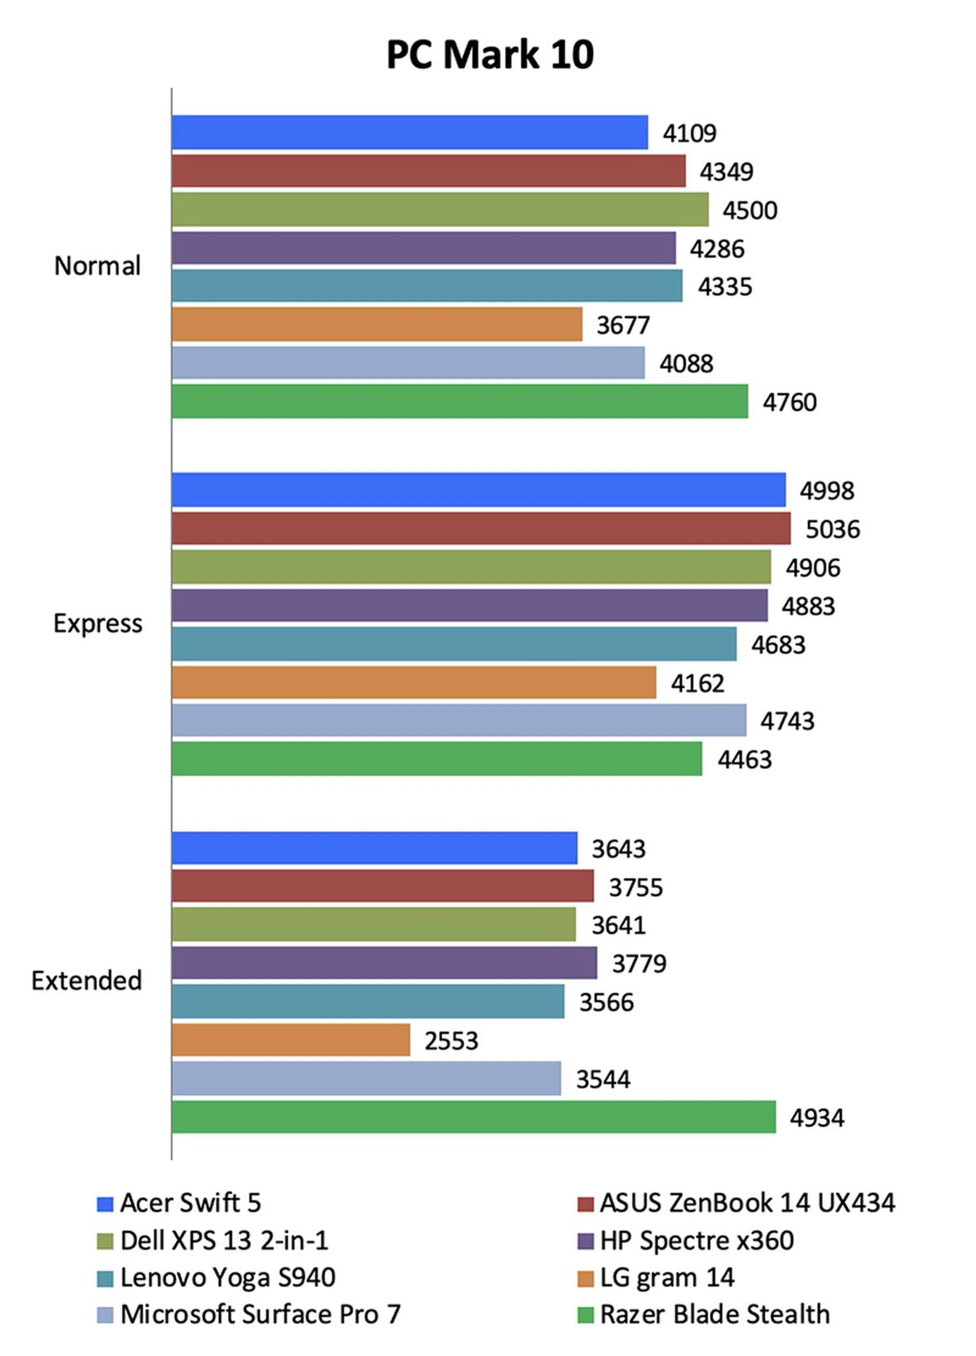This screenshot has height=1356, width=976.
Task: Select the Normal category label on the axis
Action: click(98, 266)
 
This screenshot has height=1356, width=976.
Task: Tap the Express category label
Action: click(98, 623)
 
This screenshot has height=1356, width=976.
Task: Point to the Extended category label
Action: click(87, 981)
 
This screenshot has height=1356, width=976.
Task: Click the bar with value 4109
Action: click(410, 132)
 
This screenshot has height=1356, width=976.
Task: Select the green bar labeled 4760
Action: click(460, 401)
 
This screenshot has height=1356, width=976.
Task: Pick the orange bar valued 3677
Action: click(377, 325)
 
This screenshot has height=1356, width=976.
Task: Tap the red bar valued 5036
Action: click(481, 528)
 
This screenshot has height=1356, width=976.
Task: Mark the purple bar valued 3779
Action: click(384, 963)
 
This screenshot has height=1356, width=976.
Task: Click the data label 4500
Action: click(750, 210)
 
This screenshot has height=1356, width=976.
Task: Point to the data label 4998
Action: click(827, 491)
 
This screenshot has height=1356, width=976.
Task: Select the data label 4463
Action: click(745, 760)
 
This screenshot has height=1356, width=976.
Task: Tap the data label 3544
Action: click(603, 1079)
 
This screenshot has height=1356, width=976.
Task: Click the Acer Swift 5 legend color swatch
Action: click(105, 1204)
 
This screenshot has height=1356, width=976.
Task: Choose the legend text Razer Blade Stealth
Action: click(715, 1314)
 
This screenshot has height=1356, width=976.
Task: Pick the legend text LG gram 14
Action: click(667, 1277)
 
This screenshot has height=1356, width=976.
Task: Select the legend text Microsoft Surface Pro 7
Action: click(260, 1314)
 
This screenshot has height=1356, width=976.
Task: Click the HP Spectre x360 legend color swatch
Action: click(586, 1241)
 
